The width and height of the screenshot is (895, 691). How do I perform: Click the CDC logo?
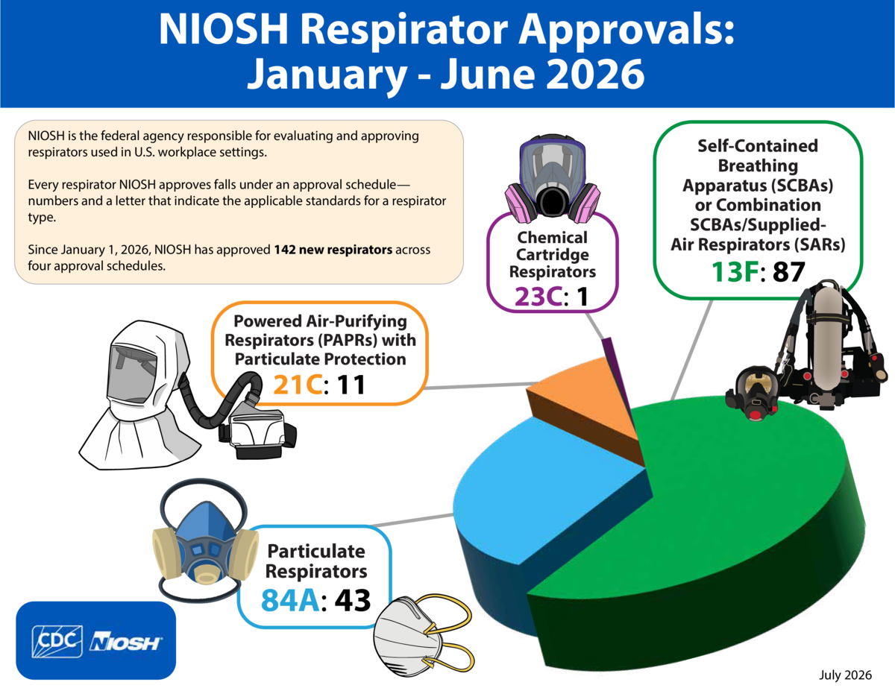click(57, 641)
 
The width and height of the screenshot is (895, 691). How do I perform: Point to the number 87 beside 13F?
click(788, 272)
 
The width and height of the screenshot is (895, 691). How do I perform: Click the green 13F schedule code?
click(735, 272)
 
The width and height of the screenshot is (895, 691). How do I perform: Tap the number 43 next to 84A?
click(352, 601)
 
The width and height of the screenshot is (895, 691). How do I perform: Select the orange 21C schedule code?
click(298, 385)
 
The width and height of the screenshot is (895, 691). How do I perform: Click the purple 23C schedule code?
click(538, 297)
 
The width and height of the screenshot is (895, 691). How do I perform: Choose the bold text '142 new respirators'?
click(333, 250)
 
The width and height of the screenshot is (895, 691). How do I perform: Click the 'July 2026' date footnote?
click(845, 675)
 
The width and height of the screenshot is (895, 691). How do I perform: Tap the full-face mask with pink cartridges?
click(553, 179)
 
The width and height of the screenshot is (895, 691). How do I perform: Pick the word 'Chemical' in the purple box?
click(553, 238)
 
